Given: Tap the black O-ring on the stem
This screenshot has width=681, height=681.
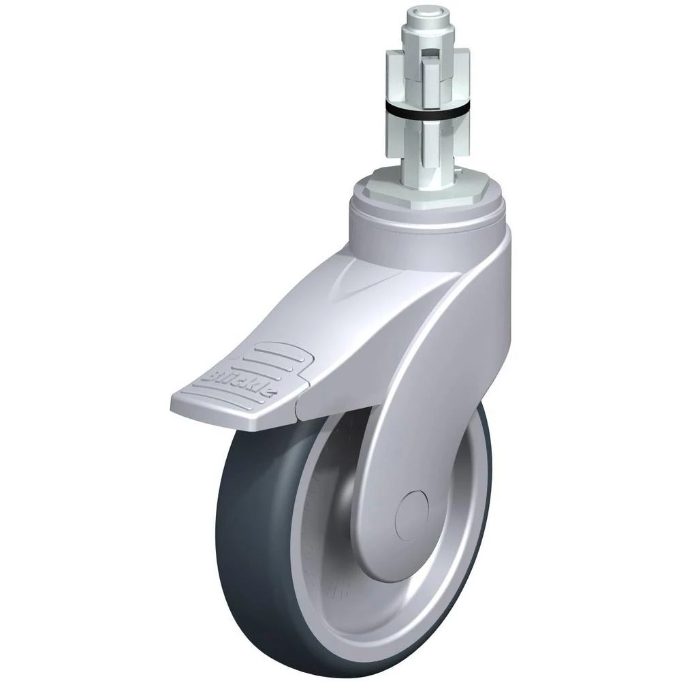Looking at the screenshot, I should click(429, 110).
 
